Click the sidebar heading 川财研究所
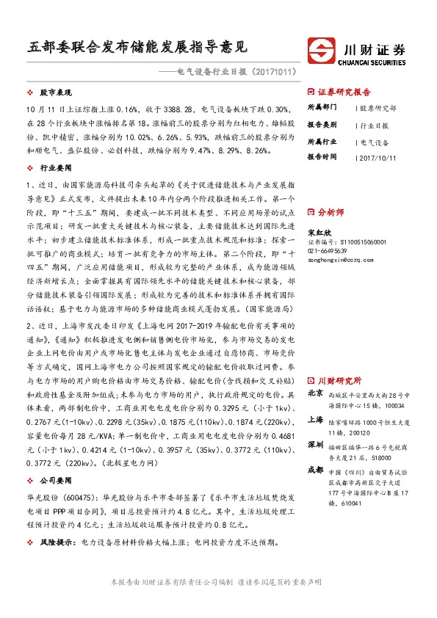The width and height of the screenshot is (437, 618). (x=339, y=381)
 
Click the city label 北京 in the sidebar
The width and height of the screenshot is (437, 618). (x=314, y=393)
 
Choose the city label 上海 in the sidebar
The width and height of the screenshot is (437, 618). (x=314, y=420)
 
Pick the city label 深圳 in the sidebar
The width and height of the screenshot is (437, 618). (x=314, y=445)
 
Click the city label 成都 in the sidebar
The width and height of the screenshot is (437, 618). (x=314, y=470)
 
